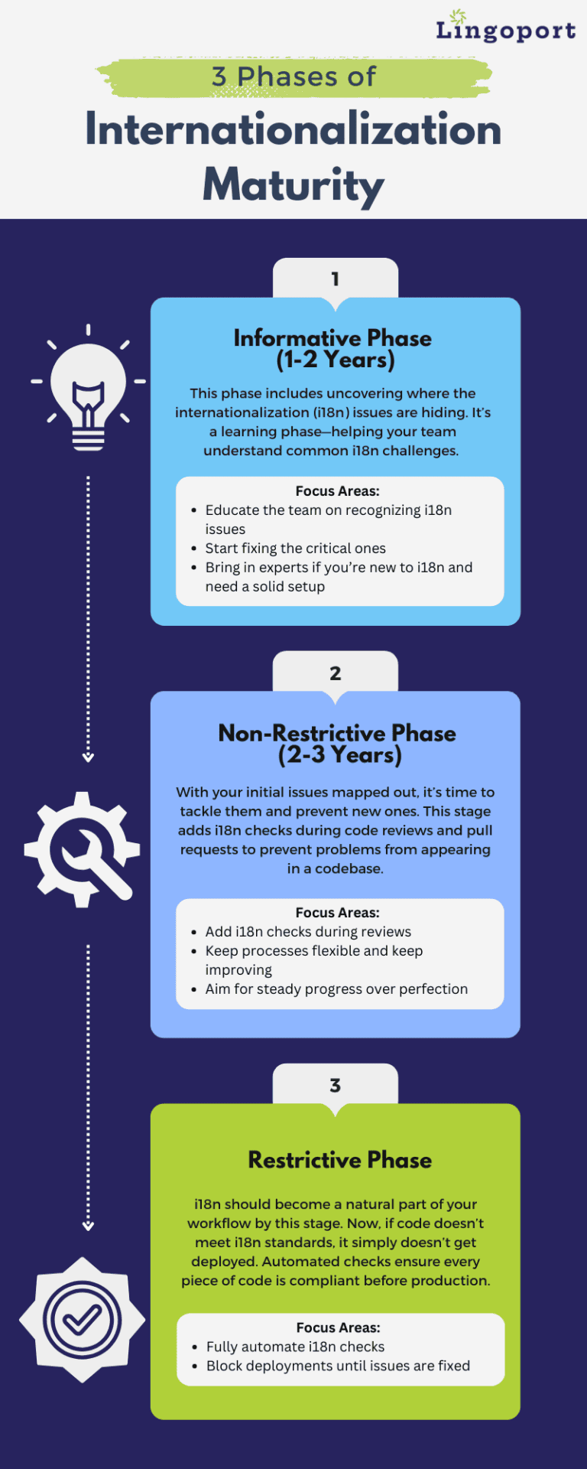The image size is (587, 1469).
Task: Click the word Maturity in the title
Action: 293,184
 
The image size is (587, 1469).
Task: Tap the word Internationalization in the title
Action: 293,129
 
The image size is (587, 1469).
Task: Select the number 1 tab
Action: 336,278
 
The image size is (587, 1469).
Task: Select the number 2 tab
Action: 336,673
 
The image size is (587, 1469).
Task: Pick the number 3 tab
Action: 336,1085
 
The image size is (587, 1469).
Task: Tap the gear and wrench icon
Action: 83,849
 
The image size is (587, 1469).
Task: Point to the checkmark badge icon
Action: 82,1319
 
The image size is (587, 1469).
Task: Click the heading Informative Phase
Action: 332,338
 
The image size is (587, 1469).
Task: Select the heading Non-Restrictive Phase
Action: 337,733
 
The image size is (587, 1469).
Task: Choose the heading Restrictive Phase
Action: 339,1160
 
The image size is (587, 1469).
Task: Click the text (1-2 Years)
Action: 336,360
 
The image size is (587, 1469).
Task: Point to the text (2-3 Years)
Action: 340,755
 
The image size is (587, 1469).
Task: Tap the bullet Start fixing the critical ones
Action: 295,549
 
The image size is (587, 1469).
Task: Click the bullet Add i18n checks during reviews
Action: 308,932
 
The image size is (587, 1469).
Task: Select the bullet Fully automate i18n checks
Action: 295,1347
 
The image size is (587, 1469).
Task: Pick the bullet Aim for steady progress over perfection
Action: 336,989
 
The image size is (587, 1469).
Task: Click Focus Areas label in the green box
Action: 338,1327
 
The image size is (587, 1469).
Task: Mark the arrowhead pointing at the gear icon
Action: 88,757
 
